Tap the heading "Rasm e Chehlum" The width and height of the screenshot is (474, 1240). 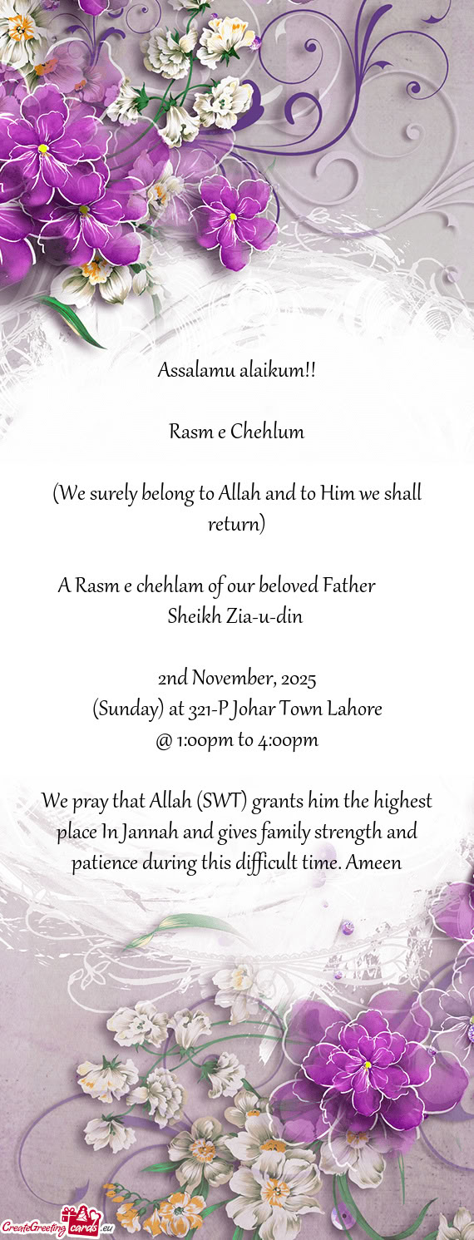[236, 432]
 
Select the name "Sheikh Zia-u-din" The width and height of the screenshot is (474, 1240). [235, 617]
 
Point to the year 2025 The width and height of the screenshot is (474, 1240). [299, 679]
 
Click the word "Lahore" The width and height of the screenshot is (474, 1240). [354, 709]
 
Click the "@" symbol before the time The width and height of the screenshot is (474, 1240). [163, 739]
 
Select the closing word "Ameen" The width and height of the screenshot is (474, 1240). [373, 863]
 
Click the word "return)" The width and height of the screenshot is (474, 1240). [236, 525]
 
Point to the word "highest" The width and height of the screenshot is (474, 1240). [402, 802]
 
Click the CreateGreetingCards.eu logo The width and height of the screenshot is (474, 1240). [57, 1223]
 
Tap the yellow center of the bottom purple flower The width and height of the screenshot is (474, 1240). [367, 1065]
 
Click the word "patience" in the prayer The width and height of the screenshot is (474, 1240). [104, 863]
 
